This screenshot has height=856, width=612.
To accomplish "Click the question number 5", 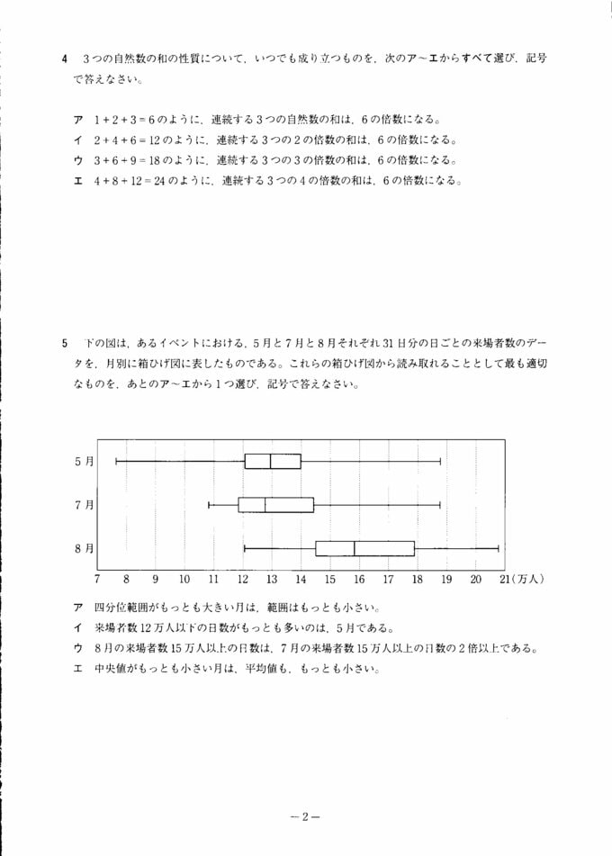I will (x=66, y=344).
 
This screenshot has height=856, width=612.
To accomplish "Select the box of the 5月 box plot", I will (x=273, y=461).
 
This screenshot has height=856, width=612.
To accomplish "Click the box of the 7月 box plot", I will (x=275, y=505).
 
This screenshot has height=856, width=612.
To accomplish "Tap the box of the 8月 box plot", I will (x=364, y=548).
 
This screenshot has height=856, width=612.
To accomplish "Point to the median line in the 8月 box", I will (x=354, y=548).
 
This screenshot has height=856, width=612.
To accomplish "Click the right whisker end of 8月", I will (x=498, y=548).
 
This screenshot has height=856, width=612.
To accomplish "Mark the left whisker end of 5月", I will (x=116, y=461).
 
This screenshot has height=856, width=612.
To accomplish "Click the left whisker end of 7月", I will (x=209, y=505).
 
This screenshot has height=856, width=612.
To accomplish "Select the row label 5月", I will (x=84, y=461).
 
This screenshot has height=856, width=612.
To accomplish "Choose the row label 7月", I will (x=84, y=505).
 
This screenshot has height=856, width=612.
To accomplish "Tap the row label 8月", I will (x=84, y=548).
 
